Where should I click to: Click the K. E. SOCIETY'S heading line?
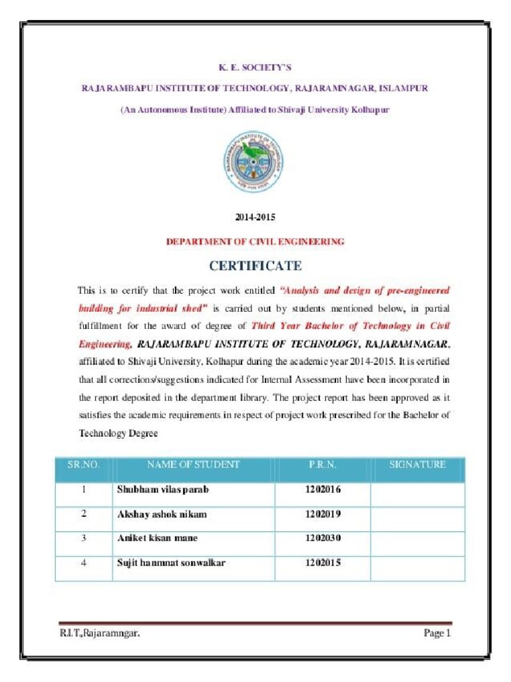(x=255, y=67)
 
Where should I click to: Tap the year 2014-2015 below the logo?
(x=255, y=217)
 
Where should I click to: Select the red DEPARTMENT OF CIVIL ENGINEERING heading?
(x=255, y=242)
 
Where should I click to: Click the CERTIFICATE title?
(x=255, y=266)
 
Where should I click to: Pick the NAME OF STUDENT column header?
(x=193, y=465)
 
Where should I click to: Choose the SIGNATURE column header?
(x=417, y=465)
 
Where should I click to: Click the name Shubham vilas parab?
(x=163, y=490)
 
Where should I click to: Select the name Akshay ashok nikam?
(x=162, y=514)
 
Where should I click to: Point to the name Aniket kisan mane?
(x=157, y=538)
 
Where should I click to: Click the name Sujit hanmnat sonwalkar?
(x=171, y=563)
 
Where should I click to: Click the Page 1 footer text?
(x=437, y=633)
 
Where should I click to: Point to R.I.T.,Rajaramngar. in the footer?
(x=100, y=633)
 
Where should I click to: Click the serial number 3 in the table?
(x=84, y=538)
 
